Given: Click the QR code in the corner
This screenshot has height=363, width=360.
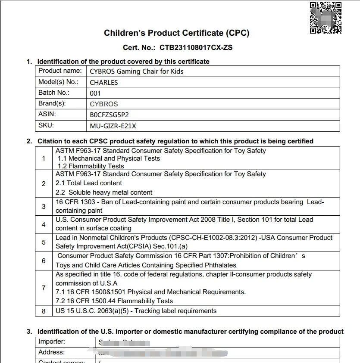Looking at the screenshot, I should (x=326, y=18).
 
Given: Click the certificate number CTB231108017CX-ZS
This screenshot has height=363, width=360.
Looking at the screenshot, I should (x=196, y=47).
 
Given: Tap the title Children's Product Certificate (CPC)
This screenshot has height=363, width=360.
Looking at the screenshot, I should (x=177, y=33).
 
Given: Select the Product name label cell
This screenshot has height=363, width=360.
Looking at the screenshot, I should (x=60, y=71).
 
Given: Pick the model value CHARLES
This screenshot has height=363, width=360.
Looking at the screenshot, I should (x=104, y=82).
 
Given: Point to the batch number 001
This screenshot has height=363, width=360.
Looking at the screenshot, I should (x=95, y=93).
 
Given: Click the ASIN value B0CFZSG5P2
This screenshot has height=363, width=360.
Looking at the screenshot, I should (x=109, y=115).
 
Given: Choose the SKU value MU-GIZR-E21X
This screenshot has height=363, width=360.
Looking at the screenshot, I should (x=113, y=126).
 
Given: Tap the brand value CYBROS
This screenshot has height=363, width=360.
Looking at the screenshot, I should (x=104, y=104).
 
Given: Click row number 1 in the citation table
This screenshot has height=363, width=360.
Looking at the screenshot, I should (x=44, y=158).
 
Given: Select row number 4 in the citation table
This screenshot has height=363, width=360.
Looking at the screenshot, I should (x=44, y=224).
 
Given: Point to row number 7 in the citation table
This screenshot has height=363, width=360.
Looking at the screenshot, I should (x=44, y=288).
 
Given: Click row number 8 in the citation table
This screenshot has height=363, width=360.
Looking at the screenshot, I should (x=44, y=311).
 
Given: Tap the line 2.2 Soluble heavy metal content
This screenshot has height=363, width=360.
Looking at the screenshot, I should (x=104, y=192).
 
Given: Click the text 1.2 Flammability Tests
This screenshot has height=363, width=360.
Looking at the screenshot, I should (x=91, y=166).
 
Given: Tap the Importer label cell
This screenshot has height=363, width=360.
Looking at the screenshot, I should (x=52, y=341).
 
